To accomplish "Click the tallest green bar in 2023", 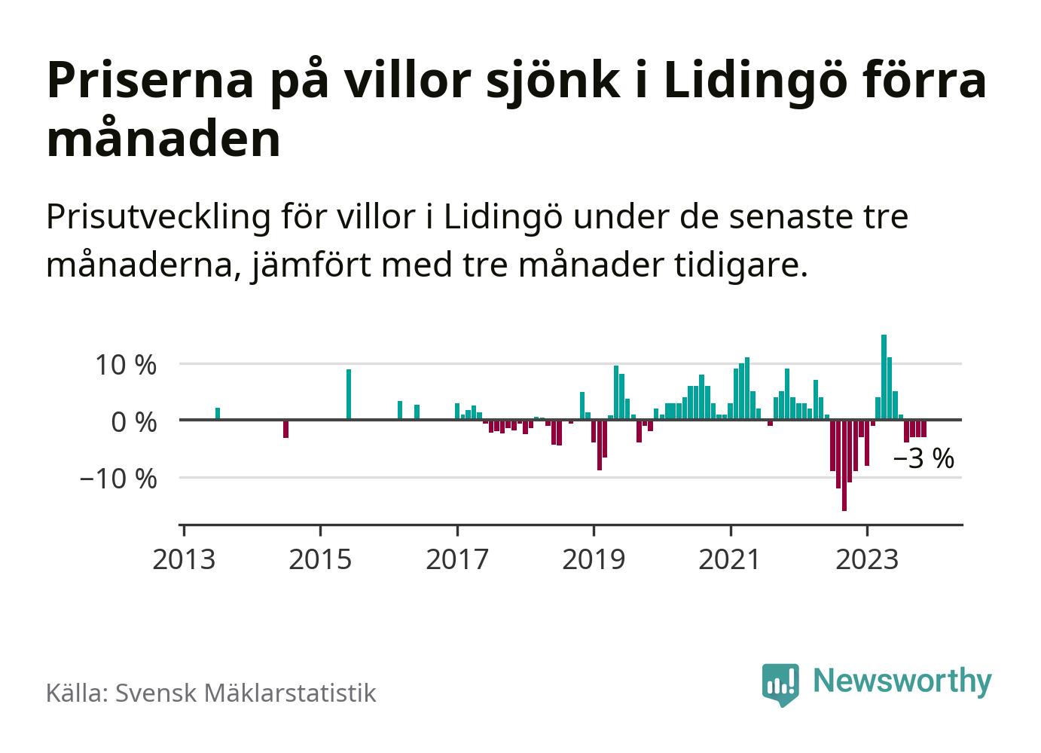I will (x=884, y=377).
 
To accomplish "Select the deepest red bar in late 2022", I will (x=844, y=465).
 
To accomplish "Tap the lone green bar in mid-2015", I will (x=349, y=394).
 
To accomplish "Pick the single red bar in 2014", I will (x=286, y=428).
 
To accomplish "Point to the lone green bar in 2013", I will (x=218, y=414).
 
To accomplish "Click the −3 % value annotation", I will (x=923, y=458).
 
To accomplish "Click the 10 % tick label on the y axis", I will (x=126, y=365).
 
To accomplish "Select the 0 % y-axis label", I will (x=134, y=421).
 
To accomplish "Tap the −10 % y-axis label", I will (x=118, y=478).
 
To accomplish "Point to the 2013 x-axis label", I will (x=184, y=559).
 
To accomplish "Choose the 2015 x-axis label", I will (x=320, y=559).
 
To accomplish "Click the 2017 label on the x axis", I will (x=457, y=559).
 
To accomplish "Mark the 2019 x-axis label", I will (x=594, y=559).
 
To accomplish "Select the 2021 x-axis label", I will (x=730, y=559).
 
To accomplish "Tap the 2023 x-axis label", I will (x=867, y=559).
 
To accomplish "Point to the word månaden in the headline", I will (x=163, y=139).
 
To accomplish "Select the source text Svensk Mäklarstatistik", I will (x=246, y=693).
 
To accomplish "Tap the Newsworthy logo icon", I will (x=780, y=684).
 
